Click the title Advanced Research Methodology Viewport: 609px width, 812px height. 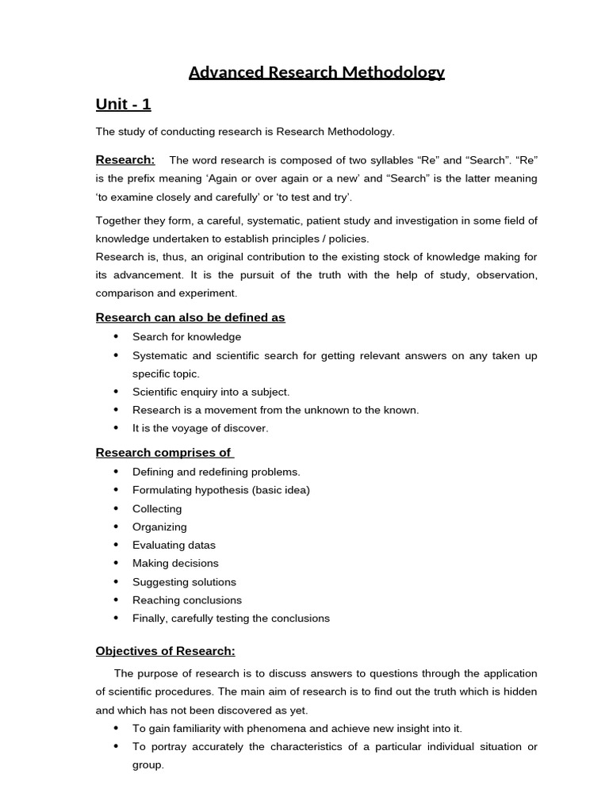tap(316, 73)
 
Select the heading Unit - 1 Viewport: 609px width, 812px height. tap(123, 105)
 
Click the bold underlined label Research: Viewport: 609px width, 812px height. tap(125, 159)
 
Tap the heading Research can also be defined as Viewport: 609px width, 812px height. tap(190, 317)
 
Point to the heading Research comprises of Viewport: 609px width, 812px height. tap(164, 453)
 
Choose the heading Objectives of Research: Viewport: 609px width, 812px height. tap(166, 651)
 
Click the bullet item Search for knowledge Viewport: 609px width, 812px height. tap(186, 337)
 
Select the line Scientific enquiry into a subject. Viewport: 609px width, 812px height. tap(211, 392)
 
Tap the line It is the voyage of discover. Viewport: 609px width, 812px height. tap(201, 428)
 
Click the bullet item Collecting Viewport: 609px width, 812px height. tap(157, 509)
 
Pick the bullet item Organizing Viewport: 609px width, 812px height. tap(159, 527)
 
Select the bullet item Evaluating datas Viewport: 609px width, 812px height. tap(174, 546)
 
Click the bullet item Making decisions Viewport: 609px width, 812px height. tap(175, 564)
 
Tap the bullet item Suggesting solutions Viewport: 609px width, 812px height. tap(184, 582)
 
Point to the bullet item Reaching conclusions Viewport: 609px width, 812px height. tap(187, 600)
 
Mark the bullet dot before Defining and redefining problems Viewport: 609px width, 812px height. tap(116, 472)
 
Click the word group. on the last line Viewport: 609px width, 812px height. tap(148, 765)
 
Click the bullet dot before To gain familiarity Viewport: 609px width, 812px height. tap(116, 728)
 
